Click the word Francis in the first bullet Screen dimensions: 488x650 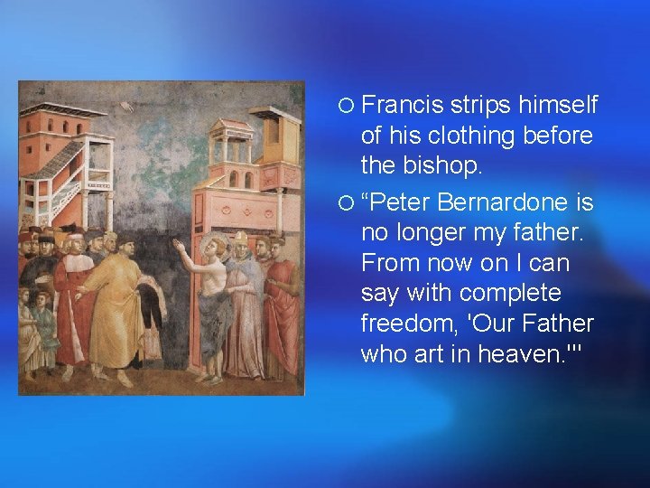[x=401, y=106]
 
